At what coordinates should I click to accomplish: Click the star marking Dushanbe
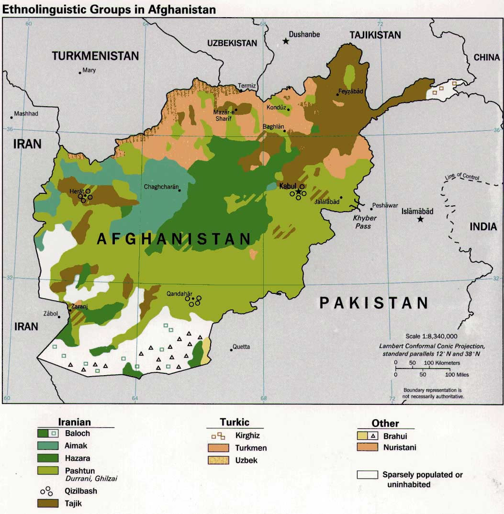tap(286, 41)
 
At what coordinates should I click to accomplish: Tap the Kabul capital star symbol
tap(298, 191)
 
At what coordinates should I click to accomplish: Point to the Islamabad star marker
tap(420, 219)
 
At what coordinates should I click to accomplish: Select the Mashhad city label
tap(26, 113)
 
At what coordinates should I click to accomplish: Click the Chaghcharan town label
tap(160, 187)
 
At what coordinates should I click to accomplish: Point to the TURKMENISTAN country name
tap(95, 56)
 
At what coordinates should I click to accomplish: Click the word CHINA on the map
tap(486, 57)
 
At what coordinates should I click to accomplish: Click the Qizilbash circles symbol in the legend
tap(46, 491)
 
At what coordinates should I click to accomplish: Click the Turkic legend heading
tap(235, 422)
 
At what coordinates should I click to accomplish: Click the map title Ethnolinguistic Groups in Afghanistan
tap(109, 9)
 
